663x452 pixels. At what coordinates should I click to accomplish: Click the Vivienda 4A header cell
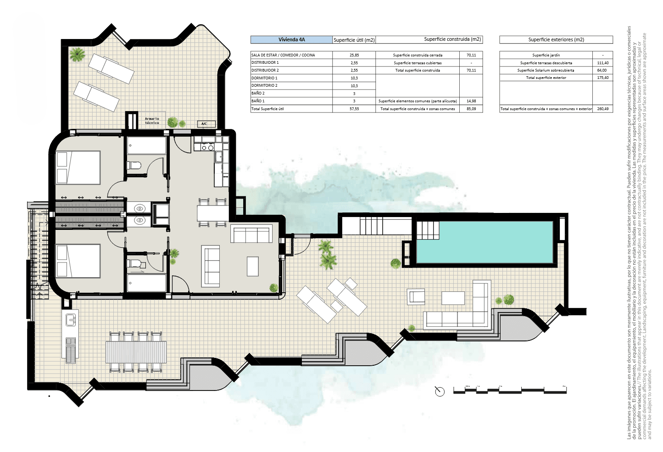click(291, 40)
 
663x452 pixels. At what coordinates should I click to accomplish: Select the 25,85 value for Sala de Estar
click(354, 55)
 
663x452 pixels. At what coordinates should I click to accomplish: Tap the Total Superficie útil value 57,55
click(354, 109)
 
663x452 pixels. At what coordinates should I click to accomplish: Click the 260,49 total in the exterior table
click(602, 109)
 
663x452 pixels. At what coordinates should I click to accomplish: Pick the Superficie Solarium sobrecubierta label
click(546, 71)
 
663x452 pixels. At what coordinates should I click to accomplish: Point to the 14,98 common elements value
click(471, 101)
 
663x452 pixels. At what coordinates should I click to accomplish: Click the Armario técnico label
click(152, 121)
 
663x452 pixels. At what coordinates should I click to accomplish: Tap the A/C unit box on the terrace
click(204, 124)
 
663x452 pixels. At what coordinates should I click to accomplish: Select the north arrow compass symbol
click(440, 391)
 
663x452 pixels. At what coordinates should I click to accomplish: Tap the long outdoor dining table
click(136, 352)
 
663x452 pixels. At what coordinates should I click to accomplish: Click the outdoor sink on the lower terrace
click(71, 319)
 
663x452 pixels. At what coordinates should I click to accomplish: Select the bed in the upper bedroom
click(78, 167)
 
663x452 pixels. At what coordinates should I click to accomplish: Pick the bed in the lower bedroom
click(78, 261)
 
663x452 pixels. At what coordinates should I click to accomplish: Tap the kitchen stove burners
click(204, 147)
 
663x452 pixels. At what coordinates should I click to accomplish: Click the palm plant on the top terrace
click(77, 55)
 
